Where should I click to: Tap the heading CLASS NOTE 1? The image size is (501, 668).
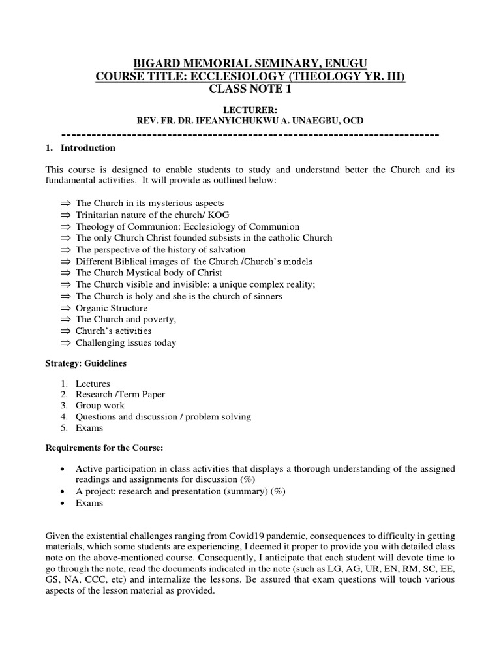250,90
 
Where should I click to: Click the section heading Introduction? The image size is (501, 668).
88,148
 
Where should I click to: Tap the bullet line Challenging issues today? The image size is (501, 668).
126,342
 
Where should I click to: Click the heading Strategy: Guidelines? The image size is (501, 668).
86,363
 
